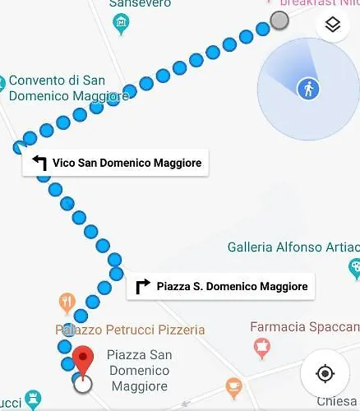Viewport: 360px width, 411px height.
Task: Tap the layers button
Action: pyautogui.click(x=332, y=25)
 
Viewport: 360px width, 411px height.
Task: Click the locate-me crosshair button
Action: pyautogui.click(x=325, y=374)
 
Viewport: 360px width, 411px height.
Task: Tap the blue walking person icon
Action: pyautogui.click(x=309, y=89)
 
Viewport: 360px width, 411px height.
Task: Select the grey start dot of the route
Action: pyautogui.click(x=280, y=21)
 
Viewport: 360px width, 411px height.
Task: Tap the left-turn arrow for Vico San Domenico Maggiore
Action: pyautogui.click(x=39, y=163)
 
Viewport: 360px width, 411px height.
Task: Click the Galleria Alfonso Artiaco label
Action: pyautogui.click(x=292, y=247)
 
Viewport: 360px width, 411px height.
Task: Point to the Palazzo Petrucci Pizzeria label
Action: pyautogui.click(x=131, y=330)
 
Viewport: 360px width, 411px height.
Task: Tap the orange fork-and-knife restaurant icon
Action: pyautogui.click(x=67, y=301)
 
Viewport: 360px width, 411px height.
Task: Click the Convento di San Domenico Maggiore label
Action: pyautogui.click(x=67, y=88)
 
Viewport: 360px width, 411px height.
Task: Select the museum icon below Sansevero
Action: pyautogui.click(x=122, y=25)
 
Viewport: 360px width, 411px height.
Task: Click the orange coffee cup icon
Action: pyautogui.click(x=234, y=386)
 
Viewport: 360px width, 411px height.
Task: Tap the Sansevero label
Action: pyautogui.click(x=140, y=4)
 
